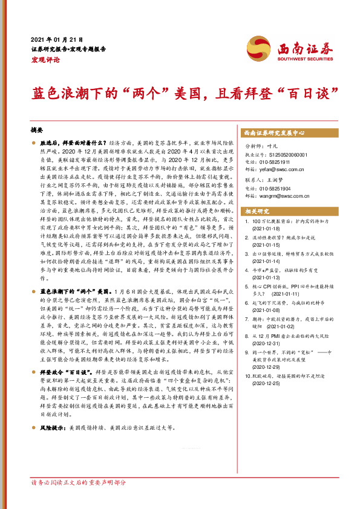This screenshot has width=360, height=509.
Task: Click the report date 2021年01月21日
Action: coord(56,39)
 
